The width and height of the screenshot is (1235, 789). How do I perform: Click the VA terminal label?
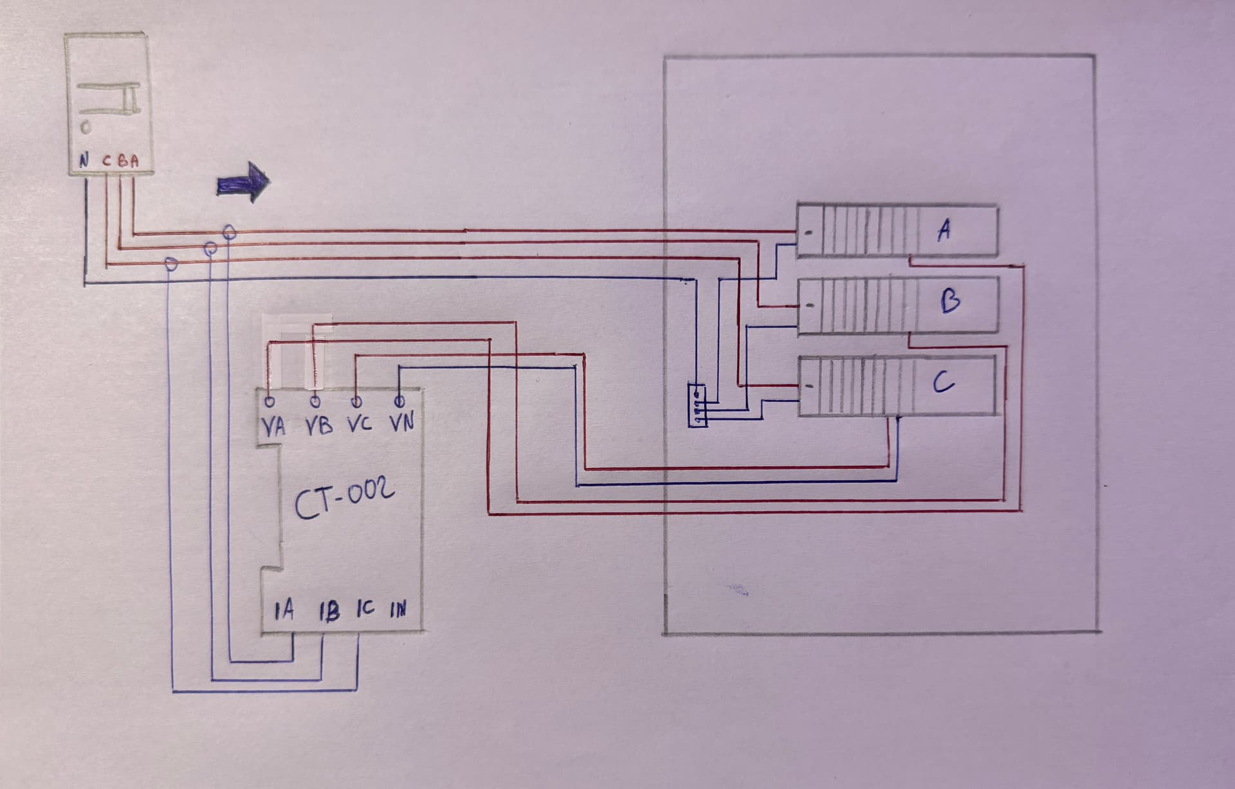coord(274,427)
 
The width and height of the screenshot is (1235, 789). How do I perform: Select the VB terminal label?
coord(318,426)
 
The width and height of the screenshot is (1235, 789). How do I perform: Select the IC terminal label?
coord(365,609)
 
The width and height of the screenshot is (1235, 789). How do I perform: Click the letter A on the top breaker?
coord(944,230)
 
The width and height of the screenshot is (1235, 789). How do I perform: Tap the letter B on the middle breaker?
coord(950,302)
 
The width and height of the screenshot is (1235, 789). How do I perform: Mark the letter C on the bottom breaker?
coord(943,385)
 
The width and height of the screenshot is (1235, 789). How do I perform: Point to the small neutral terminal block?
coord(697,404)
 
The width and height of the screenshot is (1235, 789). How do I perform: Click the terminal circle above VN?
coord(399,403)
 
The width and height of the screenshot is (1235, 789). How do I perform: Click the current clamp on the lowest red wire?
coord(170,264)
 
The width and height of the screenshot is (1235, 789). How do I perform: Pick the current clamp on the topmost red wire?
coord(228,231)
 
